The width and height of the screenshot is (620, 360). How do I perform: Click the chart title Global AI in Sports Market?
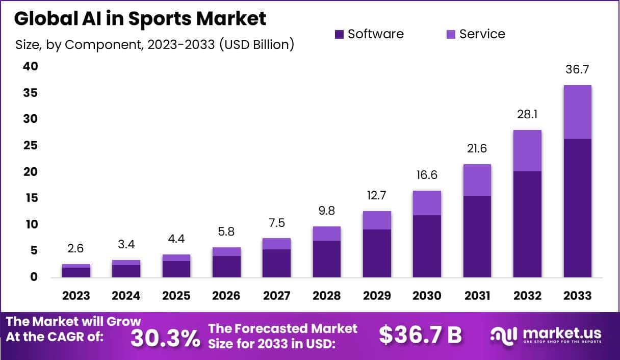point(140,19)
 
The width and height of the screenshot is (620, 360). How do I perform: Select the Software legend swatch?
point(340,34)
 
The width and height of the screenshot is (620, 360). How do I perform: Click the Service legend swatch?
point(451,34)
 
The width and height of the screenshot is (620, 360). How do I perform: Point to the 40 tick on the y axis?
point(30,67)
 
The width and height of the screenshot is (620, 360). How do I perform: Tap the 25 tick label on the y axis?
point(30,146)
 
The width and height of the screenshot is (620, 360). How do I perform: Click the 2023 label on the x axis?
point(76,296)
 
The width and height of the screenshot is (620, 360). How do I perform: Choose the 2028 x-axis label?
point(327,296)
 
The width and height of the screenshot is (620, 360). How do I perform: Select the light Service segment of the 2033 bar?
point(577,112)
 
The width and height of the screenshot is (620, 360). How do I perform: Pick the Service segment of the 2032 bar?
point(527,150)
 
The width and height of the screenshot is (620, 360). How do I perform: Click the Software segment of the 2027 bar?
point(277,263)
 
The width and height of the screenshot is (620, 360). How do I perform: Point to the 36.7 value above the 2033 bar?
point(577,70)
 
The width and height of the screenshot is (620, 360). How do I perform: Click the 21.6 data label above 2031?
point(477,149)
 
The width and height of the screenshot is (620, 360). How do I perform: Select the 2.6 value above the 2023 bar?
point(76,249)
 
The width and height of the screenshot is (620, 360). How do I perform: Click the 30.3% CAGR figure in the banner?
point(165,338)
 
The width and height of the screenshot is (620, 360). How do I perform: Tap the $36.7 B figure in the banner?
point(420,335)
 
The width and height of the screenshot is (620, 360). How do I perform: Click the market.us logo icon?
point(504,335)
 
